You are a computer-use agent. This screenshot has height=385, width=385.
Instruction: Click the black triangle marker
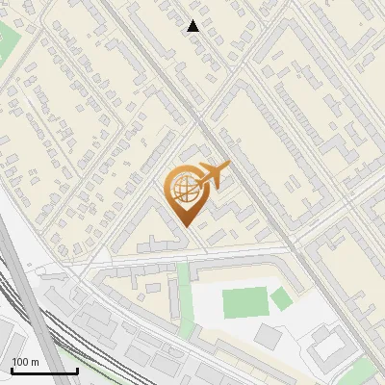pos(193,26)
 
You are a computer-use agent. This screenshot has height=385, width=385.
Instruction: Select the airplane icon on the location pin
pos(213,176)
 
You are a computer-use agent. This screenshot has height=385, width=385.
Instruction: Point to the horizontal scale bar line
pos(44,372)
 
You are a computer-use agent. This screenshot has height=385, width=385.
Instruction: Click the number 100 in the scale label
pos(20,362)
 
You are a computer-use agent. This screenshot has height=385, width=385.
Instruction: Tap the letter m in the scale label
pos(34,362)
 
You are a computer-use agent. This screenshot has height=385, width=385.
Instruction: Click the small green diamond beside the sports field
pos(280,299)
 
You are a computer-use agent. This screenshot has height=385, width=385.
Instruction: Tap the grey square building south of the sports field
pos(268,336)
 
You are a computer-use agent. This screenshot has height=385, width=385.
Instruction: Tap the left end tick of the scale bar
pos(12,370)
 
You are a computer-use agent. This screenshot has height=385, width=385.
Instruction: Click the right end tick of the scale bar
pos(77,370)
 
